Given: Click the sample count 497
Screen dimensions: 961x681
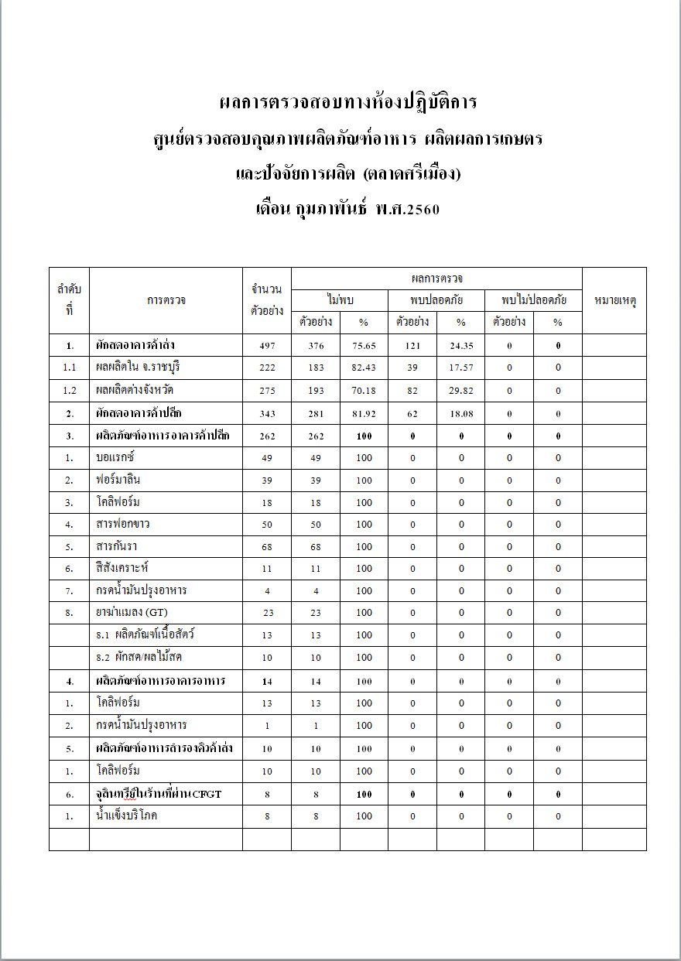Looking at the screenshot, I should click(x=267, y=346).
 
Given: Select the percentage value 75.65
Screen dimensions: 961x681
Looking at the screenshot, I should click(x=364, y=346).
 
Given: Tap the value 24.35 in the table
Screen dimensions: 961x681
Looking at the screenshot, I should click(x=460, y=346).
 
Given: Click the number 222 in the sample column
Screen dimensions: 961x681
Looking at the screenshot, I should click(x=267, y=368).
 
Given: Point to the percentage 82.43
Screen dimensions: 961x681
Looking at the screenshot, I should click(x=364, y=368).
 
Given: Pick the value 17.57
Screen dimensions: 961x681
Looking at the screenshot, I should click(x=460, y=368).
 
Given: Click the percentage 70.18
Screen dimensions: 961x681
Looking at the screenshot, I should click(x=364, y=391).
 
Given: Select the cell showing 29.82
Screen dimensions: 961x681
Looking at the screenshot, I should click(x=460, y=391).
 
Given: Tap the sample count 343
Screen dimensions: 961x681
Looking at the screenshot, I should click(x=267, y=414).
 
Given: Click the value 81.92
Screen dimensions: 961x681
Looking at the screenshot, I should click(x=364, y=414).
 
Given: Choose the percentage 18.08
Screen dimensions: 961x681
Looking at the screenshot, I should click(x=460, y=414).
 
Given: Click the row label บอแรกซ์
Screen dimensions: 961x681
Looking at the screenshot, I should click(x=116, y=457).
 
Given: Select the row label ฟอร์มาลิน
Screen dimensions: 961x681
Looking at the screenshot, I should click(x=118, y=480).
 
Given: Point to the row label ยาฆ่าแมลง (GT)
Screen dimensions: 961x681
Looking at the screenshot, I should click(x=128, y=613).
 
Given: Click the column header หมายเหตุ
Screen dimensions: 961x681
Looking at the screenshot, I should click(x=614, y=301).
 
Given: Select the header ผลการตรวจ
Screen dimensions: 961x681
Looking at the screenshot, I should click(x=436, y=279).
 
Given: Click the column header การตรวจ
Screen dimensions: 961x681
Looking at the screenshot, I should click(x=166, y=301).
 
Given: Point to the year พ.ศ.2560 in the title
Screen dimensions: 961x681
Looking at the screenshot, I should click(x=407, y=209).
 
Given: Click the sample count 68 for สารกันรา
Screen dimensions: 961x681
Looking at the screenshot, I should click(x=267, y=547).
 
